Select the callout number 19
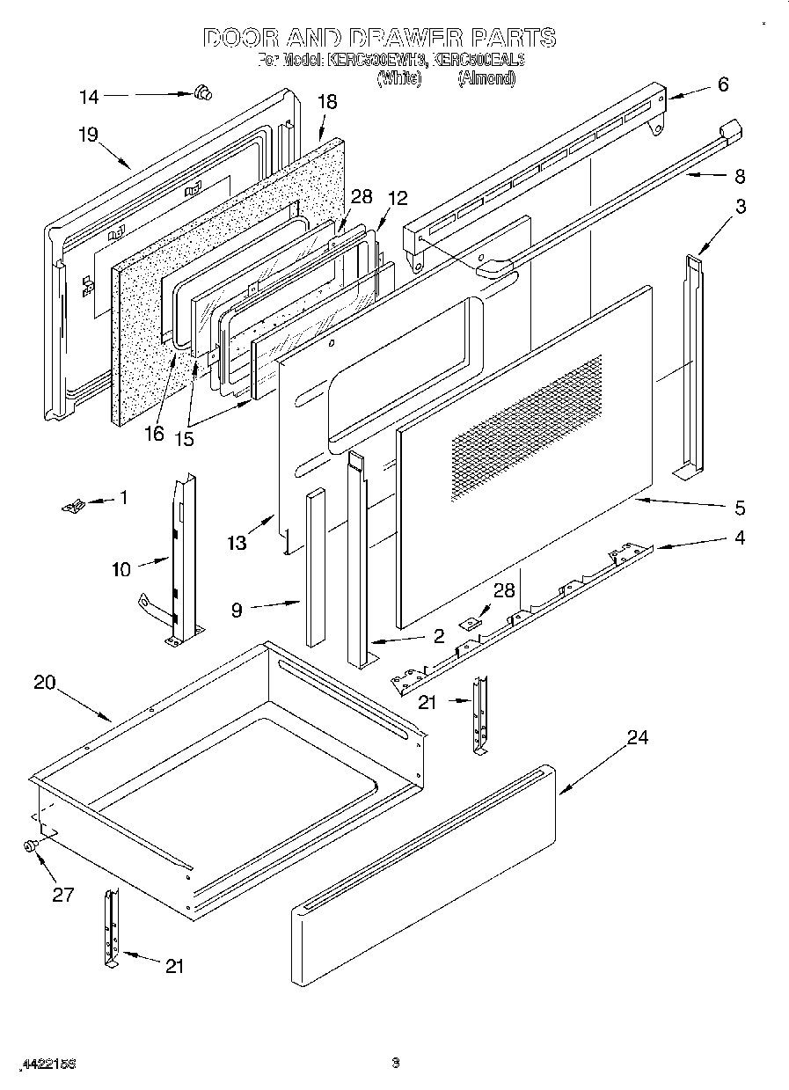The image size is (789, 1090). pyautogui.click(x=87, y=135)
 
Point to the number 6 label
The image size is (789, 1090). pyautogui.click(x=723, y=84)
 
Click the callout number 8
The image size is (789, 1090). pyautogui.click(x=739, y=176)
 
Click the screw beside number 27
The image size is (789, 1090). pyautogui.click(x=31, y=846)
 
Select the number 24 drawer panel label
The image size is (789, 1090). pyautogui.click(x=637, y=737)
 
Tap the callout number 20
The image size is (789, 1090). pyautogui.click(x=46, y=683)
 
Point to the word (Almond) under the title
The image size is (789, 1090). pyautogui.click(x=486, y=78)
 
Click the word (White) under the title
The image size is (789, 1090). pyautogui.click(x=398, y=78)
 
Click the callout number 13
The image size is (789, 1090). pyautogui.click(x=237, y=544)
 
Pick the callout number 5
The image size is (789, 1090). pyautogui.click(x=739, y=508)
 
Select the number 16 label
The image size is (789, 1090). pyautogui.click(x=154, y=435)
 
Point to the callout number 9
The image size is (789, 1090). pyautogui.click(x=237, y=609)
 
